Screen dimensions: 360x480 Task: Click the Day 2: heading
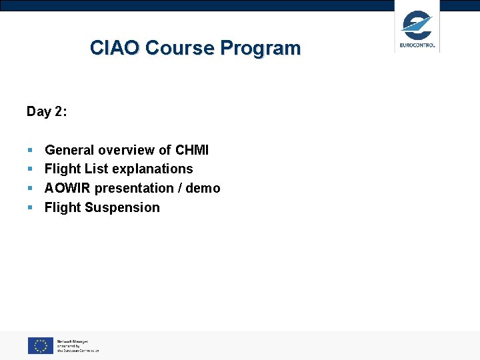click(x=47, y=111)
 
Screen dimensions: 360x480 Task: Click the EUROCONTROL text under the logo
click(x=417, y=46)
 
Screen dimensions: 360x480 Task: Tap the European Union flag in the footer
click(x=40, y=345)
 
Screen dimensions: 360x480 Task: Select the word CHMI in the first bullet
click(x=192, y=150)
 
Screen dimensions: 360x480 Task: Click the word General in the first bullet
click(x=69, y=150)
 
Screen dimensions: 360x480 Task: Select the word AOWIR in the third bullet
click(x=67, y=188)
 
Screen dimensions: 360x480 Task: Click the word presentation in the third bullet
click(x=133, y=188)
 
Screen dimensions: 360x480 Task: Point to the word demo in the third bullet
click(x=203, y=188)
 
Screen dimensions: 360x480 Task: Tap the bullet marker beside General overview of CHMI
click(x=30, y=151)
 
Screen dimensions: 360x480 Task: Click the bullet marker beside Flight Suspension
click(x=30, y=208)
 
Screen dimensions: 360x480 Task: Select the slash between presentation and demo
click(x=179, y=188)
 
